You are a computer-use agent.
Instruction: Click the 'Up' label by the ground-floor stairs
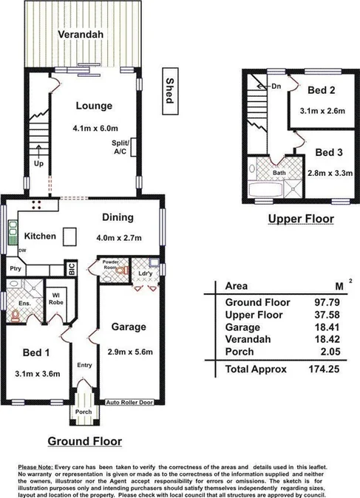[38, 164]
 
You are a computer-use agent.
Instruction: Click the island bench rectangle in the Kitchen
[70, 236]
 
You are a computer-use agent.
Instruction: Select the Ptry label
[15, 269]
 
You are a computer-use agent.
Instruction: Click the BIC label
[72, 270]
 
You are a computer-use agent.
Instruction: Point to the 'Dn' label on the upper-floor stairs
[276, 86]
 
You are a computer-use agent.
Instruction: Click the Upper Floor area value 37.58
[325, 314]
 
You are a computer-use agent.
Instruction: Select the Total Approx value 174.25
[322, 367]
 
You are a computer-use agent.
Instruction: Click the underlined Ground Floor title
[84, 442]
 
